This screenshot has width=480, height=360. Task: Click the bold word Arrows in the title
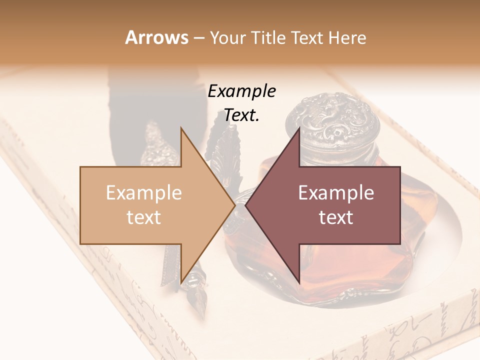pyautogui.click(x=157, y=37)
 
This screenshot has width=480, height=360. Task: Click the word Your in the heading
pyautogui.click(x=228, y=37)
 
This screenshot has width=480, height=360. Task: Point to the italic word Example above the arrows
pyautogui.click(x=241, y=91)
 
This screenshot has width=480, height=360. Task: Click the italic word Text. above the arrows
pyautogui.click(x=241, y=115)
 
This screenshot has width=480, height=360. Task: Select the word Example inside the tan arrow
pyautogui.click(x=143, y=193)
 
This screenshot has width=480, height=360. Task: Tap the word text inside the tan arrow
pyautogui.click(x=143, y=217)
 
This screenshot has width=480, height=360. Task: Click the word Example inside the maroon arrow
pyautogui.click(x=336, y=193)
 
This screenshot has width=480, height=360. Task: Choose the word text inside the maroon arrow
pyautogui.click(x=336, y=217)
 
